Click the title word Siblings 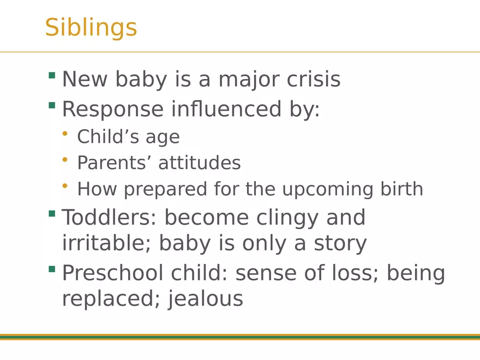[x=91, y=27]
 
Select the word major [x=248, y=80]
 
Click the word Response [x=112, y=109]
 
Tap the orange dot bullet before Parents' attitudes [x=65, y=160]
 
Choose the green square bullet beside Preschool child [x=52, y=269]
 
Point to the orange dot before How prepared [x=65, y=187]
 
